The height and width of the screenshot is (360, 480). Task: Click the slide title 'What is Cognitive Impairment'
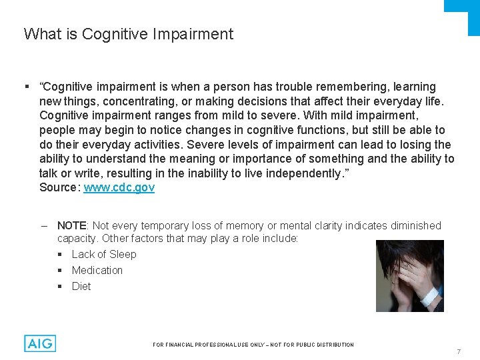(129, 34)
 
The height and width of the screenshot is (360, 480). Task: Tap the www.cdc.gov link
(119, 188)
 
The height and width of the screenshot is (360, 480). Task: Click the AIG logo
(40, 343)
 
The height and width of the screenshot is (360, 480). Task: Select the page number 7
(459, 351)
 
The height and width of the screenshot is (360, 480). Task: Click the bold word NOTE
(72, 226)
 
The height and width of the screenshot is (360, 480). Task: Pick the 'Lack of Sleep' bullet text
(104, 254)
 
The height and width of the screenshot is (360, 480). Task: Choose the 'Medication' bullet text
(97, 270)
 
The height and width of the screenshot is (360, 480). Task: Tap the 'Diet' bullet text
(81, 286)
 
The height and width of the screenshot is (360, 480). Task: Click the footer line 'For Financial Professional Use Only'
(253, 345)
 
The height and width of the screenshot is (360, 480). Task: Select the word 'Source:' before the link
(60, 188)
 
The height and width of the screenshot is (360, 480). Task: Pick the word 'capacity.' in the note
(77, 238)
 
